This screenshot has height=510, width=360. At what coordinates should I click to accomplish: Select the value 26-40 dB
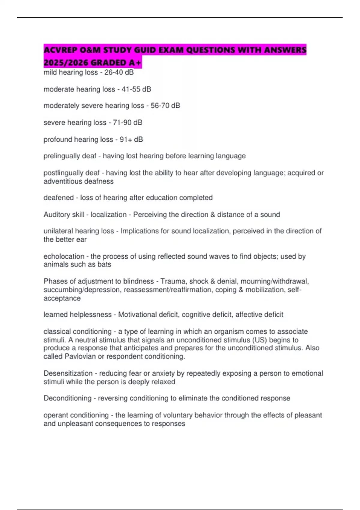pyautogui.click(x=119, y=72)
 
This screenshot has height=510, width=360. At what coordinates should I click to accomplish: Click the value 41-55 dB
pyautogui.click(x=136, y=89)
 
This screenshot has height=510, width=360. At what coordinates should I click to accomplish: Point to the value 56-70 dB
pyautogui.click(x=165, y=106)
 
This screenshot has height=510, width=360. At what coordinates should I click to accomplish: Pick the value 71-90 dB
pyautogui.click(x=127, y=122)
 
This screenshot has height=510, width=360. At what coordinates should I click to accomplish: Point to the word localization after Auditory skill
pyautogui.click(x=109, y=214)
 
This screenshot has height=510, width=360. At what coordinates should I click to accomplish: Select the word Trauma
pyautogui.click(x=171, y=281)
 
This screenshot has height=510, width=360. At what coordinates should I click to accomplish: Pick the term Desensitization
pyautogui.click(x=68, y=373)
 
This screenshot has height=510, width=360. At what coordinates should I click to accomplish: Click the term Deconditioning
pyautogui.click(x=67, y=398)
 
